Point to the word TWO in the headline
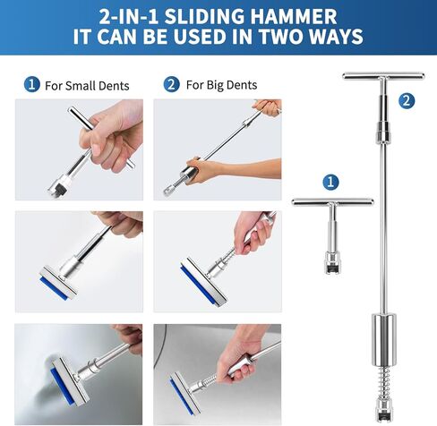tap(279, 38)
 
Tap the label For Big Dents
tap(221, 86)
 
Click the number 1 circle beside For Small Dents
tap(32, 85)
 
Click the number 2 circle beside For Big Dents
tap(171, 85)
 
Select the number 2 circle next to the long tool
tap(407, 101)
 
